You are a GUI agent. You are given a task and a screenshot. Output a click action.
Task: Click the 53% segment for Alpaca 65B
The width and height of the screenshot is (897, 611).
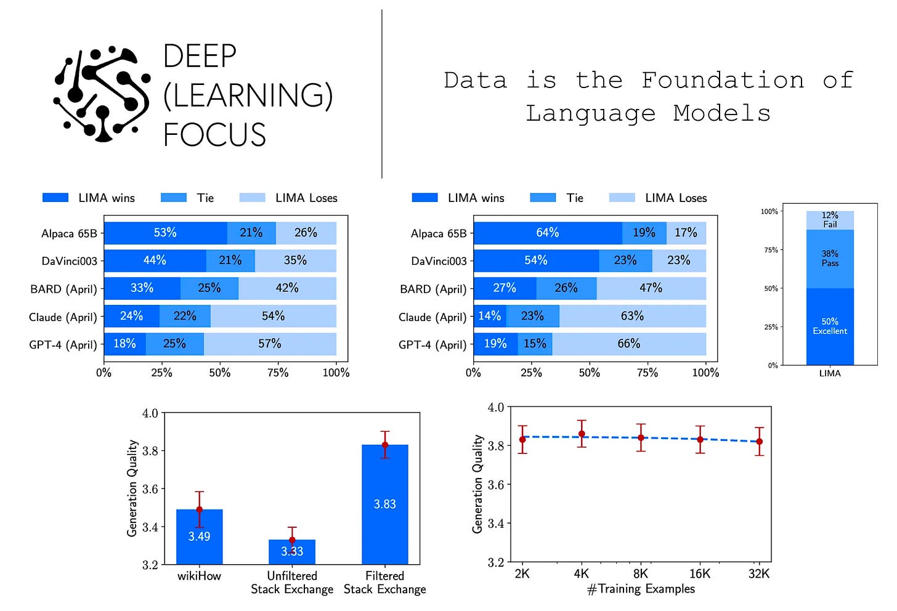pyautogui.click(x=165, y=233)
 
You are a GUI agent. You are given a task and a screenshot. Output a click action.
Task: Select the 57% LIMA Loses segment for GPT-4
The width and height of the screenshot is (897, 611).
pyautogui.click(x=270, y=344)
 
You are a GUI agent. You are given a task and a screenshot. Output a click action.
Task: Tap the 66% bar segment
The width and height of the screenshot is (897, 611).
pyautogui.click(x=629, y=344)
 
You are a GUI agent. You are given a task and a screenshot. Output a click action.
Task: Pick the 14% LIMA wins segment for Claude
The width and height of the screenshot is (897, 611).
pyautogui.click(x=490, y=316)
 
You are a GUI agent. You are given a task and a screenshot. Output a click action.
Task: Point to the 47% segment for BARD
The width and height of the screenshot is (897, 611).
pyautogui.click(x=651, y=288)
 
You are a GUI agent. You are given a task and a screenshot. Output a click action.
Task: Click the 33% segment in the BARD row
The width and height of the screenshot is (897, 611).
pyautogui.click(x=142, y=288)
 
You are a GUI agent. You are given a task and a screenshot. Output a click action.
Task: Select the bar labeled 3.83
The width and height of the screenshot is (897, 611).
pyautogui.click(x=385, y=504)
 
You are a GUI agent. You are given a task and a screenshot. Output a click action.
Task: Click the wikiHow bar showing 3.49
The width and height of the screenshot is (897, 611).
pyautogui.click(x=199, y=536)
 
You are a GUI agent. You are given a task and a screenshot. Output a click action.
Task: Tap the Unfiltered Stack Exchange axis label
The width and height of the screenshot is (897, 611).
pyautogui.click(x=292, y=583)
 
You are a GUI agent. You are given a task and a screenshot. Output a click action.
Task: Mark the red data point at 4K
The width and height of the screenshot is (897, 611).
pyautogui.click(x=582, y=434)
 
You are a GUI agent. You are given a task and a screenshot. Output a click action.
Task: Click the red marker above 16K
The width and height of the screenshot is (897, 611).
pyautogui.click(x=700, y=440)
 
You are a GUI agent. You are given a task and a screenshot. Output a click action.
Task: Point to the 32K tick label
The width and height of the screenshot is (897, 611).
pyautogui.click(x=759, y=573)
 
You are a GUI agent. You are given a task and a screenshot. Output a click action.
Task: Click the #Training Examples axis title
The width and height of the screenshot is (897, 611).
pyautogui.click(x=641, y=589)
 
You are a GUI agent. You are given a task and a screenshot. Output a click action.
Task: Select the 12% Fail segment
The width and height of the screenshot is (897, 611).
pyautogui.click(x=830, y=220)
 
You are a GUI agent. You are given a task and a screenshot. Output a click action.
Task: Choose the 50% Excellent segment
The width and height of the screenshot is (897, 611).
pyautogui.click(x=830, y=326)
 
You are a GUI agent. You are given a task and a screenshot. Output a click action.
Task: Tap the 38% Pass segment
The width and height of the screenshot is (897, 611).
pyautogui.click(x=830, y=259)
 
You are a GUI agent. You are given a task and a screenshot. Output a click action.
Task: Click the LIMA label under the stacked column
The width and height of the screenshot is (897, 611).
pyautogui.click(x=830, y=373)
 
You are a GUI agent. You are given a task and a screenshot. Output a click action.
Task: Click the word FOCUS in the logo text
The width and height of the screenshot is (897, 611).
pyautogui.click(x=214, y=135)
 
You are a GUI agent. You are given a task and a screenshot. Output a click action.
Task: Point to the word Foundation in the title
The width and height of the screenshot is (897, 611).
pyautogui.click(x=723, y=80)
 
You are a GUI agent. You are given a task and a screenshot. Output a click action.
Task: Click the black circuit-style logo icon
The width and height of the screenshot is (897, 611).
pyautogui.click(x=102, y=92)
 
